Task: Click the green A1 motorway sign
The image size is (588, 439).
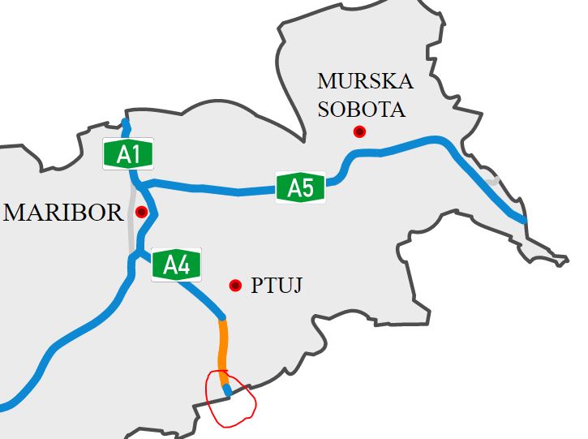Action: tap(127, 154)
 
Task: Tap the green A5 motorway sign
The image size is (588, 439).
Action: tap(301, 187)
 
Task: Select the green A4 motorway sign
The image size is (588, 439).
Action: tap(176, 265)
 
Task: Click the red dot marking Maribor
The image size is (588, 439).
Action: tap(142, 213)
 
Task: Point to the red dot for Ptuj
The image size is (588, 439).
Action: tap(235, 285)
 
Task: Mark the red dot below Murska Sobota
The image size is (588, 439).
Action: tap(359, 131)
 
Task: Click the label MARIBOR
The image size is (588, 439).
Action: tap(64, 213)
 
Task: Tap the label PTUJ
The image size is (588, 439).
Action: tap(277, 286)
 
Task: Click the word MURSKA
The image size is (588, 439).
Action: tap(365, 82)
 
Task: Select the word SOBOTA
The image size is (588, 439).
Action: tap(361, 109)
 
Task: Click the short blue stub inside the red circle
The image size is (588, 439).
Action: tap(228, 391)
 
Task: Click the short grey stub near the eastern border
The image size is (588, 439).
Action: tap(494, 181)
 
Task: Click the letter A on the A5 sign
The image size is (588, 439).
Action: tap(294, 188)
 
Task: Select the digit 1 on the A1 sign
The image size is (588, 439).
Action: tap(135, 154)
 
